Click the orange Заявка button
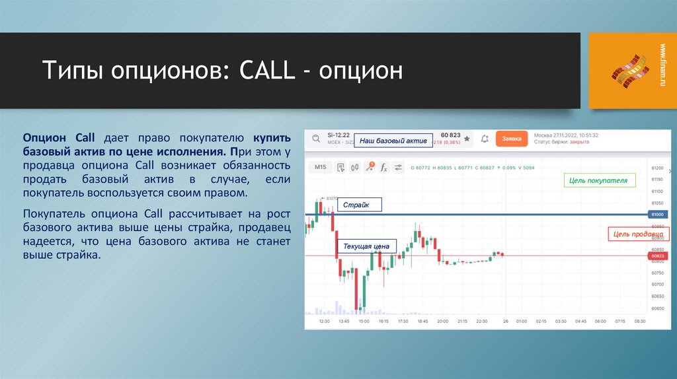512,139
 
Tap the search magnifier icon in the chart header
315,139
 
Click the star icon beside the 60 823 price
467,139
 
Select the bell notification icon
485,139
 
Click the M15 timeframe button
321,167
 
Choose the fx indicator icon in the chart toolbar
383,167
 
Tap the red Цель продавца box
637,234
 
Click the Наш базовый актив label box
393,141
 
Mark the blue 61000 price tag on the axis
657,215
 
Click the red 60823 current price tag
657,256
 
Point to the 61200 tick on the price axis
657,168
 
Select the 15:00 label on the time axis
364,322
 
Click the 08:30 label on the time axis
639,322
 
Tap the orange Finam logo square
627,71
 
